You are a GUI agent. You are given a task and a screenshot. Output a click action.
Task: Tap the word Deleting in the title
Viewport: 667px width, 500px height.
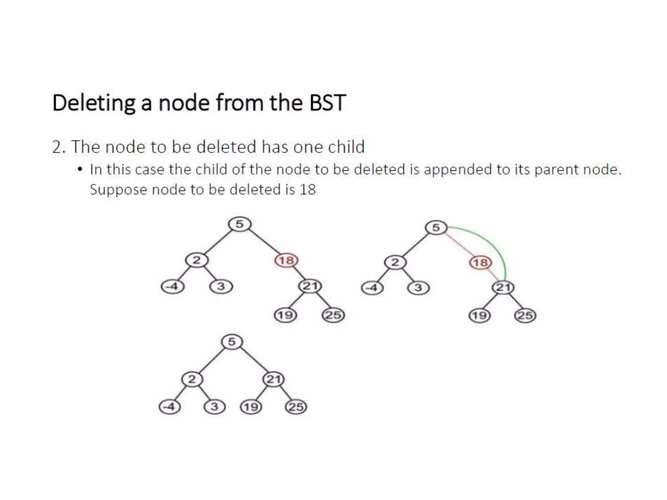click(x=93, y=103)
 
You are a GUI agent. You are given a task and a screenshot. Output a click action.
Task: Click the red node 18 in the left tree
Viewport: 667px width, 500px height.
click(x=287, y=260)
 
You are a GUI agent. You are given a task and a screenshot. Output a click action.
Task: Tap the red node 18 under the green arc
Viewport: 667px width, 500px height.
click(x=480, y=262)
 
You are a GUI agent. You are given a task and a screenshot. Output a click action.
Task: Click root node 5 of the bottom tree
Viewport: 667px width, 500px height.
click(x=232, y=342)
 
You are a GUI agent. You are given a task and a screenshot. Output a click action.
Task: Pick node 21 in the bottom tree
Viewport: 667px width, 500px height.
click(x=274, y=379)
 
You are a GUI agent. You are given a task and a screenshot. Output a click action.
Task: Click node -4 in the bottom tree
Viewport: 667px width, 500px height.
click(x=169, y=407)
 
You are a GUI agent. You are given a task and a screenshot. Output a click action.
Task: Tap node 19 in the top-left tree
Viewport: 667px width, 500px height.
click(x=285, y=315)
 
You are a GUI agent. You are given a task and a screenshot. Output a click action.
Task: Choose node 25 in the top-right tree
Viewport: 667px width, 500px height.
click(x=525, y=316)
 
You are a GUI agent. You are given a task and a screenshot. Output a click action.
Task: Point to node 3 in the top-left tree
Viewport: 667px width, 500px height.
click(x=221, y=287)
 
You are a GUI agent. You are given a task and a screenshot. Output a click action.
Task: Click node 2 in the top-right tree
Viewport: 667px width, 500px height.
click(x=395, y=262)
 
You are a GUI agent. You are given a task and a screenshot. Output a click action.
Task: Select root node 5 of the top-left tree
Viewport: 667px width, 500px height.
click(x=239, y=224)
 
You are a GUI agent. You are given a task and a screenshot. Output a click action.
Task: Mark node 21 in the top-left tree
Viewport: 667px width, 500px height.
click(x=310, y=286)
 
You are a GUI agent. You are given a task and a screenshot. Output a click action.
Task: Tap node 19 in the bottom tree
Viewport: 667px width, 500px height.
click(x=251, y=407)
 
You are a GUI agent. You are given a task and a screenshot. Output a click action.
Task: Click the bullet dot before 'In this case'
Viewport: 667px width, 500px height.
click(x=80, y=170)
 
